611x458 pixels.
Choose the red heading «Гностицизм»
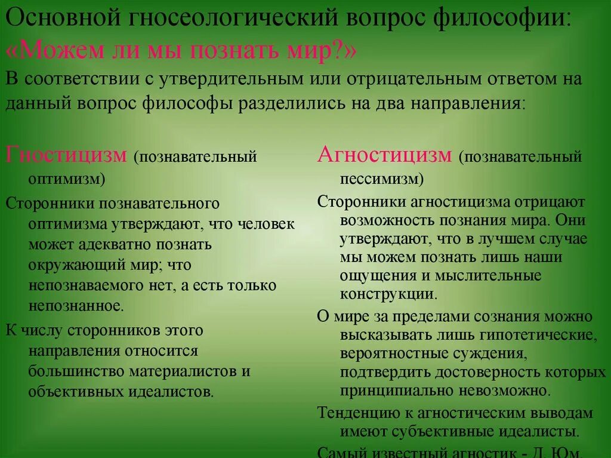[x=66, y=156]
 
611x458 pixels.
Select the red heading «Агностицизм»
[x=385, y=156]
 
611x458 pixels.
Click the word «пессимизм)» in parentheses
[x=382, y=179]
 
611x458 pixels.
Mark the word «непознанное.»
[x=76, y=306]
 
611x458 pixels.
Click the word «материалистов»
[x=183, y=371]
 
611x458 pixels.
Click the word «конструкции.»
[x=388, y=294]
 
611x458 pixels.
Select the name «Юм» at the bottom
[x=569, y=452]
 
